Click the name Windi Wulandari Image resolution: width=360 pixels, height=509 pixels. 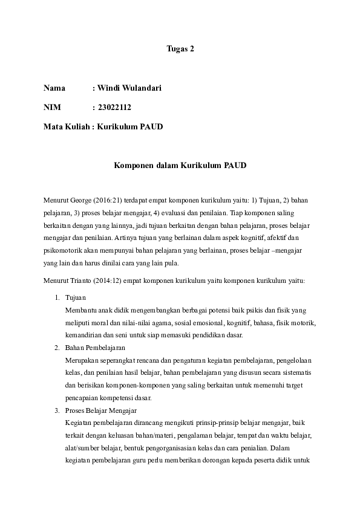tap(129, 88)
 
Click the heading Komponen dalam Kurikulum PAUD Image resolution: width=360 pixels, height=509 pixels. tap(180, 165)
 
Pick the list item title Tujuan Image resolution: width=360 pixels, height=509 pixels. tap(76, 297)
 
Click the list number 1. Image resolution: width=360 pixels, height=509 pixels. tap(57, 297)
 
